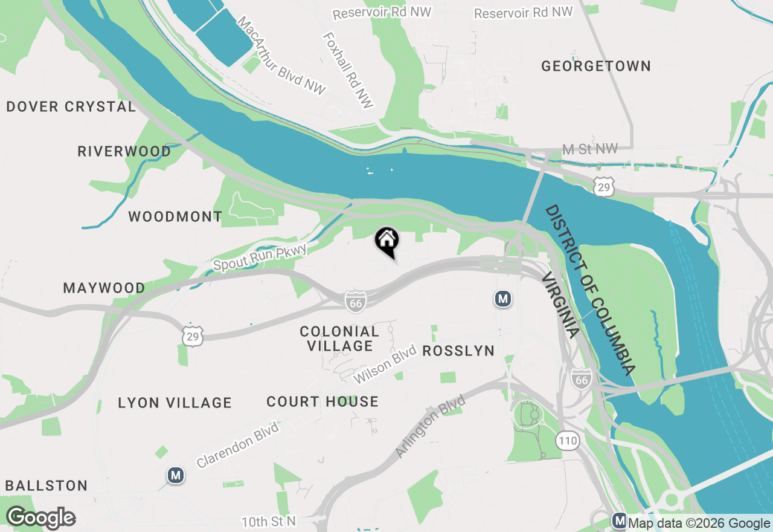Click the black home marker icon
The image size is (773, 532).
(386, 241)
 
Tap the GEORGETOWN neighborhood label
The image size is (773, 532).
(595, 66)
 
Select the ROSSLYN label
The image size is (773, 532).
(458, 351)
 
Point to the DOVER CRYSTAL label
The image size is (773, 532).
(71, 107)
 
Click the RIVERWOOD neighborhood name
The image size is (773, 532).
(124, 151)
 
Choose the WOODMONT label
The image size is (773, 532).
(175, 216)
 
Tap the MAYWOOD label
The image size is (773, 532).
(104, 288)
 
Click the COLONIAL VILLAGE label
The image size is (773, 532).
(339, 339)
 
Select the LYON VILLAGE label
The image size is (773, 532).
(175, 403)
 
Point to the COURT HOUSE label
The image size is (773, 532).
(322, 401)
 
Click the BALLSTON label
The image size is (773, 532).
(47, 485)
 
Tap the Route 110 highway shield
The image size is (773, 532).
(568, 441)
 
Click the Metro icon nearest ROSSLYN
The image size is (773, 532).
(502, 299)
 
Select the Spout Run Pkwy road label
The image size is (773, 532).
(260, 258)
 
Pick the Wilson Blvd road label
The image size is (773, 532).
(385, 364)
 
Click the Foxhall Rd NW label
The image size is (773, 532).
(348, 70)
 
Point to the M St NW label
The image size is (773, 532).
(589, 149)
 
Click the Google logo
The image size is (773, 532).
(40, 517)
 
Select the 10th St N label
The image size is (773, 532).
(269, 521)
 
